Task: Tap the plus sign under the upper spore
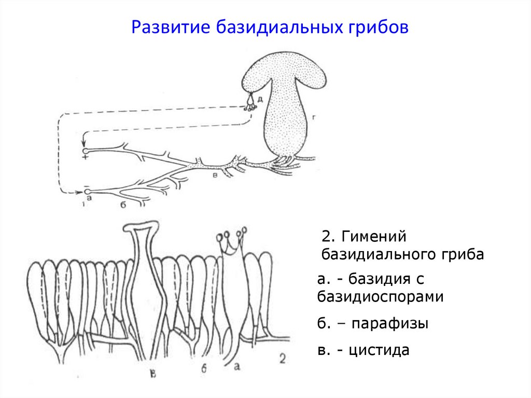(84, 157)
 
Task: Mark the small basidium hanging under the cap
(250, 102)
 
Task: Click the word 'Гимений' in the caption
(370, 237)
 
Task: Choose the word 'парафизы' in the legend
(389, 324)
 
